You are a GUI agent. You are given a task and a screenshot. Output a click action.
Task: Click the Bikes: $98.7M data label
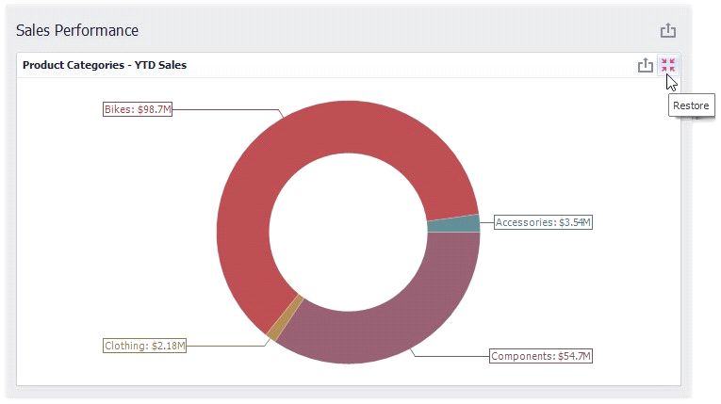[138, 109]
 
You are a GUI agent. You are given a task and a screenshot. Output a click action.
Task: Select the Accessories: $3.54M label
[543, 222]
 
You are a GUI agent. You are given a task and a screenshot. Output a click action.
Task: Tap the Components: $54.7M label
[541, 356]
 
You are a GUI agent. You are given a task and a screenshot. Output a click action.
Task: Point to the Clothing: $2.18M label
[144, 346]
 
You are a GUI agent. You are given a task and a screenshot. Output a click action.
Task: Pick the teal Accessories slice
[453, 224]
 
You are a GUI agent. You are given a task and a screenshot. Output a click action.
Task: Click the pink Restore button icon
[668, 65]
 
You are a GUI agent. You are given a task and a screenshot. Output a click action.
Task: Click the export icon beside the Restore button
[645, 65]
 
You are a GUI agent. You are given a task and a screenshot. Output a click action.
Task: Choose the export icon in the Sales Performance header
[668, 30]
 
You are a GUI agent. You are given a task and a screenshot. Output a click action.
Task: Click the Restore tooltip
[691, 105]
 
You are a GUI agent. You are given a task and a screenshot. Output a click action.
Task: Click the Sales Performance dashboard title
[77, 30]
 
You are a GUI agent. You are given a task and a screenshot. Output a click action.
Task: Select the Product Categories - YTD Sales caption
[105, 65]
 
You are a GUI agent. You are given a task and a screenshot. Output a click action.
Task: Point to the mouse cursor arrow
[670, 81]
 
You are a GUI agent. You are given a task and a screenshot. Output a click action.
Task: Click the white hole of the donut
[348, 232]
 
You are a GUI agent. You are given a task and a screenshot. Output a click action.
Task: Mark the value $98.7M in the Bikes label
[154, 109]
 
